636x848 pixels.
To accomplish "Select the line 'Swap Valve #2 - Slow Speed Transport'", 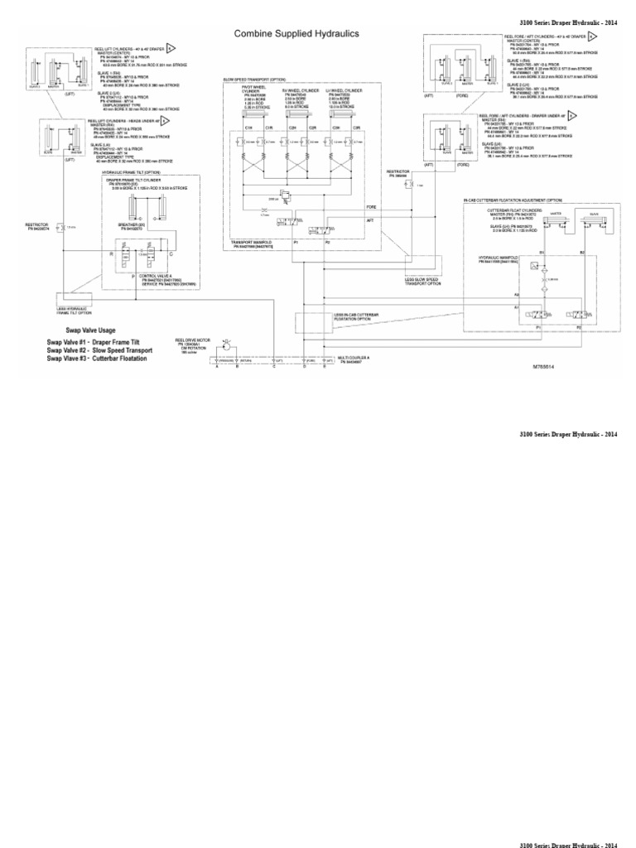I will (x=100, y=349).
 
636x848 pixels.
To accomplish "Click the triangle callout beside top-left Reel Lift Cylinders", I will (x=171, y=48).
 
